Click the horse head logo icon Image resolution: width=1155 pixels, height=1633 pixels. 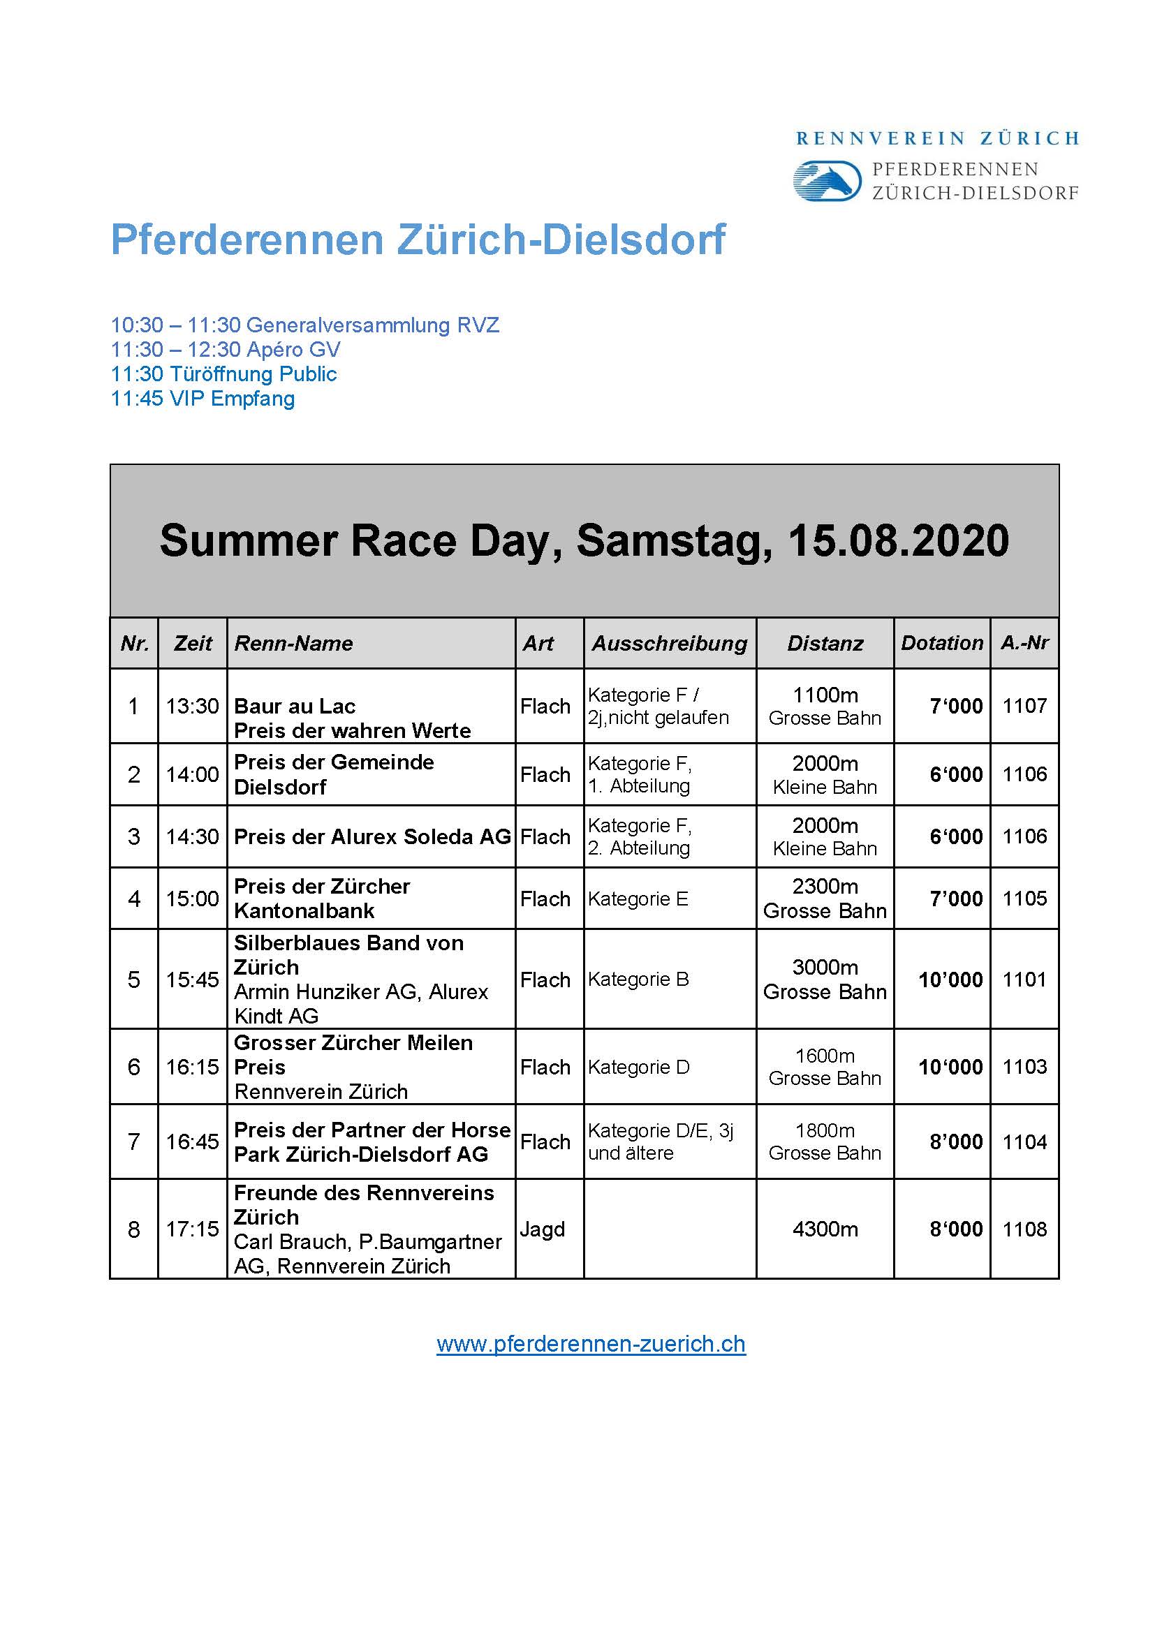pos(827,181)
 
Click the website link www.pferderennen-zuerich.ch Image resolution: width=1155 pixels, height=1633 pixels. pos(591,1343)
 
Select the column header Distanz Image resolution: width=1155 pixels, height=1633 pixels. pos(825,643)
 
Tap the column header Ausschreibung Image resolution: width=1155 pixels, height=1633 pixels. pos(669,643)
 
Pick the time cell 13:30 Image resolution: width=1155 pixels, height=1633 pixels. pos(192,706)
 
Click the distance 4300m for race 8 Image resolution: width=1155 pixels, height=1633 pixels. pos(825,1228)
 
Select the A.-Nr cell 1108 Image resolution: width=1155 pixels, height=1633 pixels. pos(1024,1228)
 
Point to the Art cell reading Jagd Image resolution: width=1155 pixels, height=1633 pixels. pos(542,1228)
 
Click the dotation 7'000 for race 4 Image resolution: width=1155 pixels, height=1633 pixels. pos(956,899)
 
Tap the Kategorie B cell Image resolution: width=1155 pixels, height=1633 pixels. pos(638,979)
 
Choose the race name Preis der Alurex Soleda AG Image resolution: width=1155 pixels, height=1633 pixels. pos(372,836)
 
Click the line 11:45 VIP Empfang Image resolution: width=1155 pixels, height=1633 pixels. pos(203,398)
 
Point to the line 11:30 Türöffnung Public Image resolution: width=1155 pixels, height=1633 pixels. pos(223,374)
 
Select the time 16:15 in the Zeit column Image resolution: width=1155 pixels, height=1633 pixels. pos(192,1066)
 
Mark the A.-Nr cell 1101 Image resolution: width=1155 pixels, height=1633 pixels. pos(1024,979)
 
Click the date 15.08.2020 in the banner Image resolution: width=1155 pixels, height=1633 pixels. pos(898,540)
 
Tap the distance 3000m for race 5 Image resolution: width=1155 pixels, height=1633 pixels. pos(825,967)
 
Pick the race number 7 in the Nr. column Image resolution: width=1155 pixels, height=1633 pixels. pos(133,1141)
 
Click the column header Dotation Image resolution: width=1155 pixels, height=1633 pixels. pos(941,643)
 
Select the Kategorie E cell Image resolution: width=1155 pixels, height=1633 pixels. pos(638,899)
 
